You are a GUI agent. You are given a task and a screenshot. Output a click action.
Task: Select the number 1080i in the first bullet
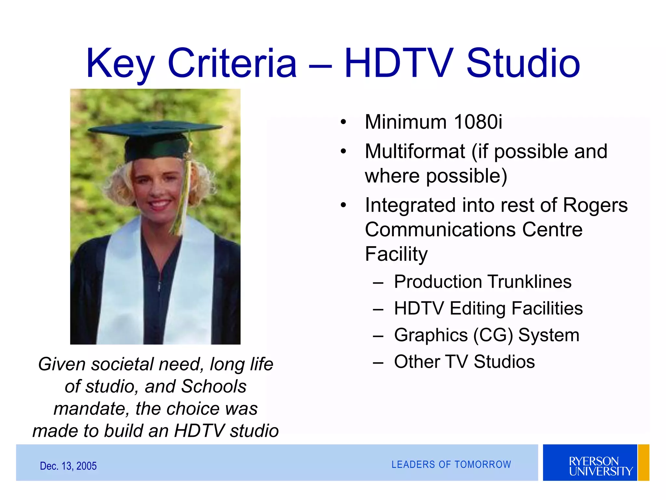(478, 122)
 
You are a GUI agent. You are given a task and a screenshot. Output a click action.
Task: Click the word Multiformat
(415, 151)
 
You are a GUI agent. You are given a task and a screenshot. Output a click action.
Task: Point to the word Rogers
(595, 205)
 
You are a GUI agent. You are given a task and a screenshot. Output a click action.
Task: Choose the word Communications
(441, 229)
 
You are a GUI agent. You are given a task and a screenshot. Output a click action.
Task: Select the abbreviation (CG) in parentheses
(493, 335)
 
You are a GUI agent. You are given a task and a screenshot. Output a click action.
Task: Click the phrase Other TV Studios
(464, 362)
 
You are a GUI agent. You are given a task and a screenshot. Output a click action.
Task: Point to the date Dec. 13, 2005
(68, 466)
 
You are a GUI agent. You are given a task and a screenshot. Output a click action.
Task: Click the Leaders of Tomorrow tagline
(451, 465)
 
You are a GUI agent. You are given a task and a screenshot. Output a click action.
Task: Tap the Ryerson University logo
(590, 463)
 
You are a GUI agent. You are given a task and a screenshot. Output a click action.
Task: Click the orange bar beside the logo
(644, 463)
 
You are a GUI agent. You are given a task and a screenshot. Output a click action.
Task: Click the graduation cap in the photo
(155, 137)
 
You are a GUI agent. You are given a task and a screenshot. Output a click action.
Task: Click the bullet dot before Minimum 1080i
(343, 122)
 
